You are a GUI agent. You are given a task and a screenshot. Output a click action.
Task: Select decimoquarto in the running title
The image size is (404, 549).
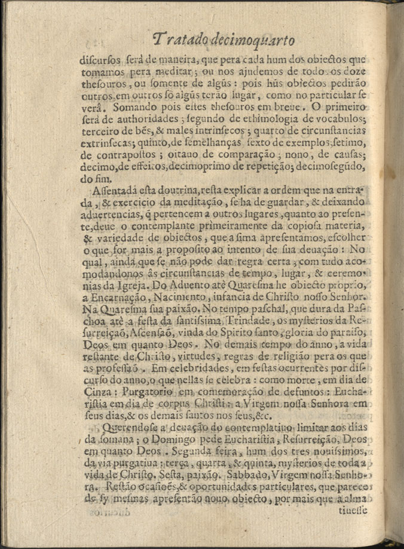click(x=259, y=41)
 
